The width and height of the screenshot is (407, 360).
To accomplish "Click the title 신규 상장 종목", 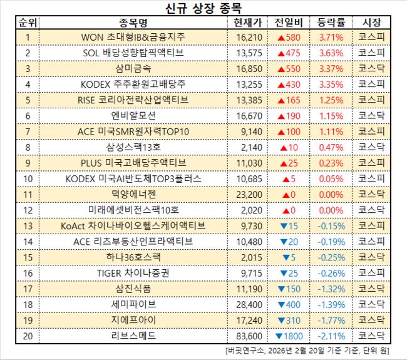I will coord(203,9).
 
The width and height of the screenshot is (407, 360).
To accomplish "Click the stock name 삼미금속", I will coord(133,68).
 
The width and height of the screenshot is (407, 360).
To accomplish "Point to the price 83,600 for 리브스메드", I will coord(247,336).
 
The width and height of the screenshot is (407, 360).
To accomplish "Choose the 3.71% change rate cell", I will coord(330,38).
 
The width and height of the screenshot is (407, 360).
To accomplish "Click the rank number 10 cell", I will coord(28,178).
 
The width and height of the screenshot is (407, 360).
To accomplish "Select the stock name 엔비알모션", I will coord(133,115).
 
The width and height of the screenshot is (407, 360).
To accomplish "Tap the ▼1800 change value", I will coord(288,336).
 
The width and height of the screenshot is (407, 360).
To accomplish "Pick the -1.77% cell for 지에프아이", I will coord(330,321).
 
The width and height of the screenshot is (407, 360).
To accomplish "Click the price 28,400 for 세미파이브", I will coord(247,305).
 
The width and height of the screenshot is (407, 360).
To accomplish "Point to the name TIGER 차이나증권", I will coord(133,273).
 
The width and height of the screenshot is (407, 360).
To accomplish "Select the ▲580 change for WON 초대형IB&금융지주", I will coord(288,38).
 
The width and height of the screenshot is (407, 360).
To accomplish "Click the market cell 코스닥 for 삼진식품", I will coord(372,289).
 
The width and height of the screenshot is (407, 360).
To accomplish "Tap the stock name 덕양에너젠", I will coord(133,194).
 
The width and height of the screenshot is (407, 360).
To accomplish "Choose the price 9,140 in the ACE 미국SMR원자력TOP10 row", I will coord(247,131).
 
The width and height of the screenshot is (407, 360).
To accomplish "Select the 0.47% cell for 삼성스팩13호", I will coord(330,147).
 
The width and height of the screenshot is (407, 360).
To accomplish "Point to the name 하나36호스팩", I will coord(133,257).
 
